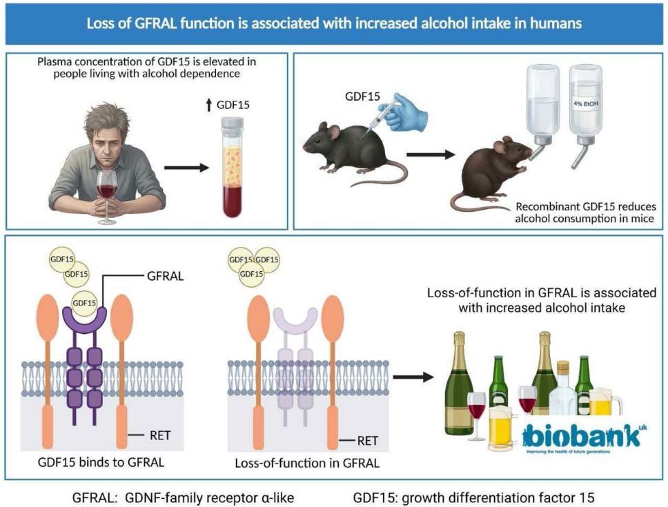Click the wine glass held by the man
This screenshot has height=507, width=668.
108,189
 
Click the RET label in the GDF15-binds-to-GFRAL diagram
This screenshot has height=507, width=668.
160,435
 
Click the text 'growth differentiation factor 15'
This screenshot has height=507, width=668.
497,497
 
